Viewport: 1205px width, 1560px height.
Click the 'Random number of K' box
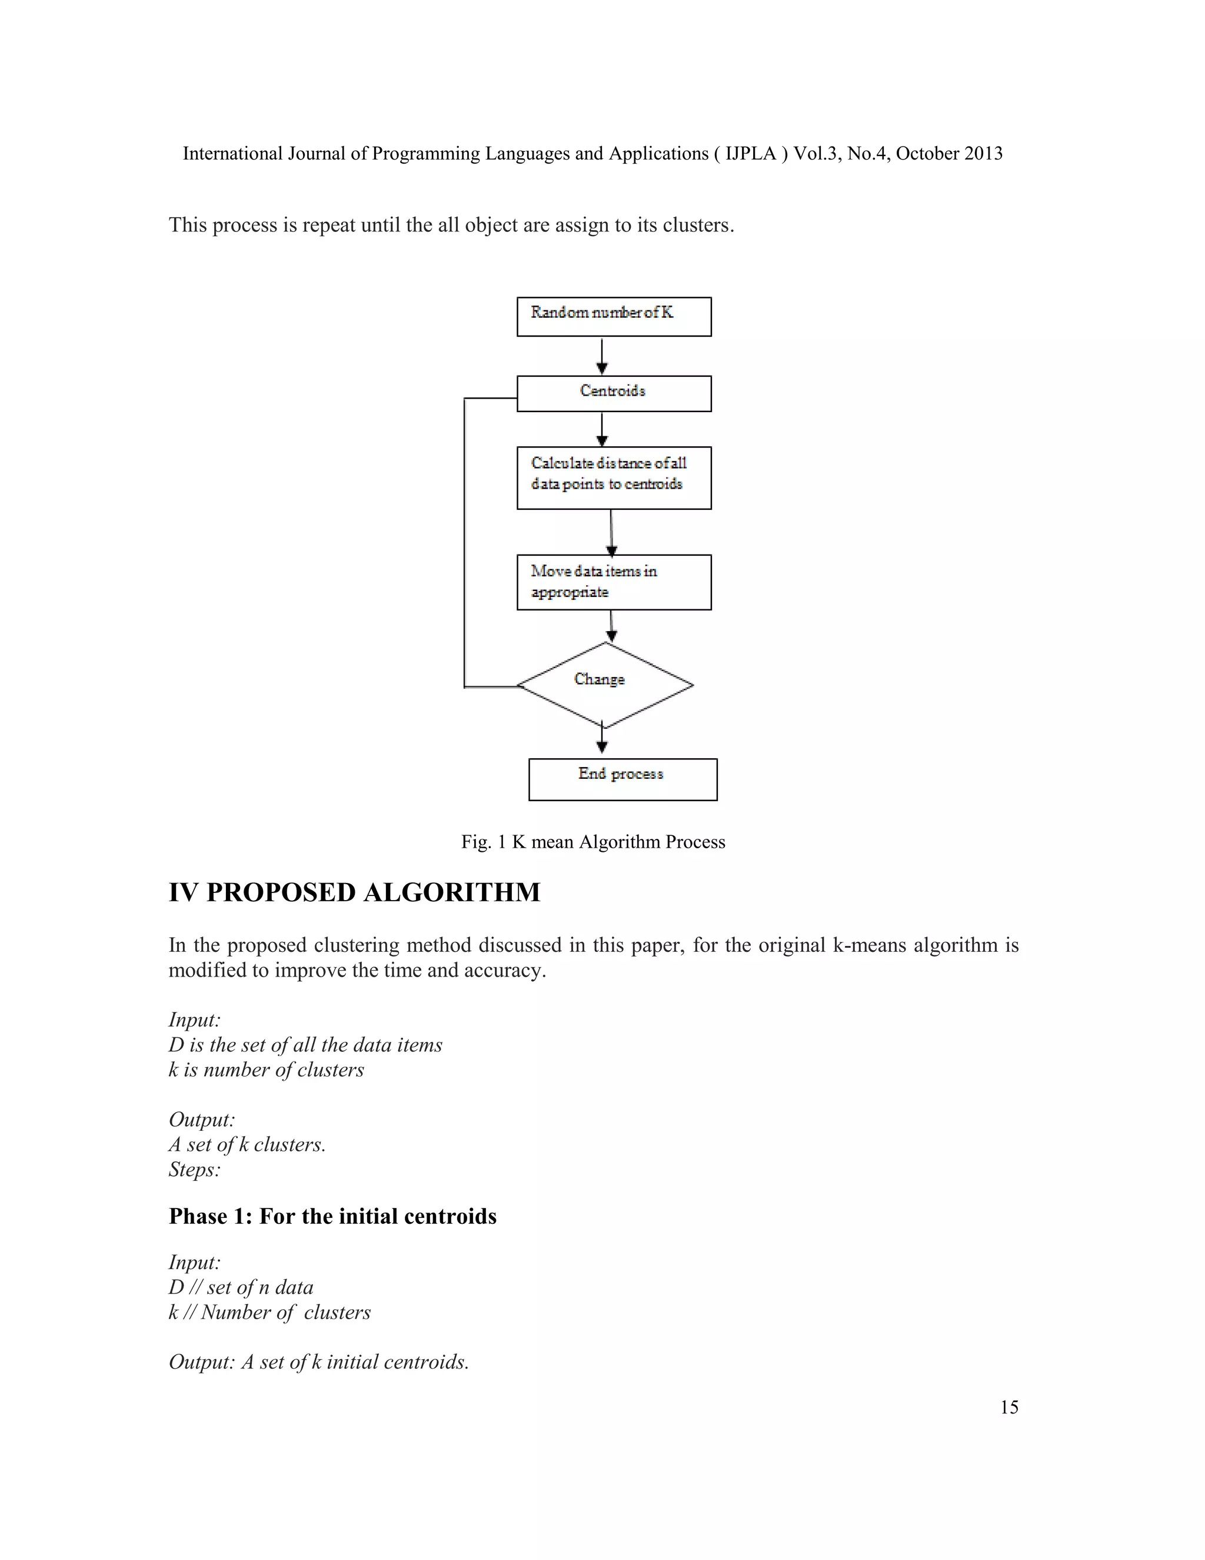click(613, 317)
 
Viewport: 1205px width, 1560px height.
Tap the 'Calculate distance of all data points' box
click(613, 477)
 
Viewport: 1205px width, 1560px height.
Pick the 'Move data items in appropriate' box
click(613, 582)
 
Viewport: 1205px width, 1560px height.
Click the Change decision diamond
click(605, 684)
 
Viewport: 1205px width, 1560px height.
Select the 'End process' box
click(622, 779)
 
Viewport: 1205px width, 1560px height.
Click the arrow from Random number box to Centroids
click(602, 356)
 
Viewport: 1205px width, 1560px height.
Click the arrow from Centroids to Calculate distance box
click(602, 429)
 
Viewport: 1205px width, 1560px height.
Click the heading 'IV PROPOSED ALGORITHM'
click(354, 892)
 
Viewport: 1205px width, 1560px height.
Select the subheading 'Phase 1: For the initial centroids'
click(332, 1216)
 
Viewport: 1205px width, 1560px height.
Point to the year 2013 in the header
click(983, 154)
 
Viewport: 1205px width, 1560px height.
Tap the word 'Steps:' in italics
click(194, 1169)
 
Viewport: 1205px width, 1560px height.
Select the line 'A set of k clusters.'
click(247, 1144)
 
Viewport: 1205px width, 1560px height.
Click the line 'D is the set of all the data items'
click(305, 1045)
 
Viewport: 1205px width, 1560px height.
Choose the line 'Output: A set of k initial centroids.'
click(318, 1362)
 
